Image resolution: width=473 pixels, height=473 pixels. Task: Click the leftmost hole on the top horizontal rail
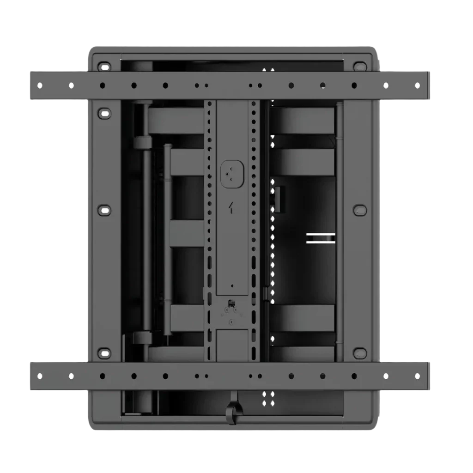pyautogui.click(x=40, y=85)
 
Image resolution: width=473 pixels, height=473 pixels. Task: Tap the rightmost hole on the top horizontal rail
pyautogui.click(x=417, y=85)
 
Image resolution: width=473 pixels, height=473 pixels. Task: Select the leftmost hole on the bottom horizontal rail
pyautogui.click(x=40, y=376)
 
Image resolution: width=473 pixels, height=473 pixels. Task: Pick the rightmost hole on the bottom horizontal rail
pyautogui.click(x=417, y=376)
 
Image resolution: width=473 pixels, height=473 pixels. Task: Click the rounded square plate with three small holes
pyautogui.click(x=232, y=174)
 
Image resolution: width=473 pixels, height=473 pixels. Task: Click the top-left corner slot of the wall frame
pyautogui.click(x=105, y=66)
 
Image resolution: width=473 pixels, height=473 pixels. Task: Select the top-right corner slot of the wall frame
pyautogui.click(x=360, y=66)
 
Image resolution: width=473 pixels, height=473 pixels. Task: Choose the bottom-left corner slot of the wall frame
pyautogui.click(x=105, y=354)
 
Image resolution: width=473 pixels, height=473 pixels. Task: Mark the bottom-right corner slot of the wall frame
pyautogui.click(x=360, y=354)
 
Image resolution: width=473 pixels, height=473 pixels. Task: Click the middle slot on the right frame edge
pyautogui.click(x=360, y=210)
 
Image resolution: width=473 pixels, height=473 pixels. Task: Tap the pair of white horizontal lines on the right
pyautogui.click(x=321, y=238)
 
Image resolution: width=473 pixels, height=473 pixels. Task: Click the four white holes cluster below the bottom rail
pyautogui.click(x=268, y=399)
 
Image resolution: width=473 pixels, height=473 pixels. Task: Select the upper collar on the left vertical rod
pyautogui.click(x=142, y=142)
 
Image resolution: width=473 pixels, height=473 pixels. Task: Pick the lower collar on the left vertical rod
pyautogui.click(x=142, y=338)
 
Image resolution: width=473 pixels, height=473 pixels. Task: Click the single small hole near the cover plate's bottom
pyautogui.click(x=232, y=286)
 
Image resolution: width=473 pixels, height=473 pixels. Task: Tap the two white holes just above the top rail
pyautogui.click(x=268, y=70)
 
